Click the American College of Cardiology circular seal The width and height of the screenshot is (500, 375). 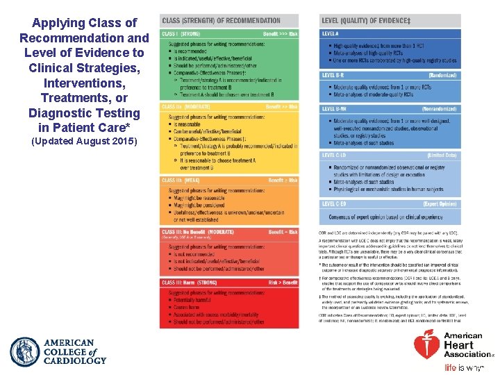click(25, 351)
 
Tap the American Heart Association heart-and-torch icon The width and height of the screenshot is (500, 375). click(426, 345)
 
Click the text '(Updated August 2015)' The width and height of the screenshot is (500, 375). click(84, 142)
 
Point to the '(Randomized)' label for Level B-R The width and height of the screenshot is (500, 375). click(442, 75)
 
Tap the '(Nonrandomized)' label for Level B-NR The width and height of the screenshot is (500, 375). click(439, 109)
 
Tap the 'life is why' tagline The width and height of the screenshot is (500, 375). click(465, 367)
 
